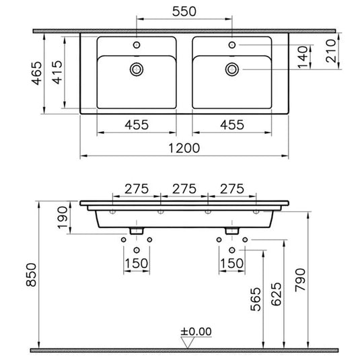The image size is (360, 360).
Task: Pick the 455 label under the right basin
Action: tap(232, 124)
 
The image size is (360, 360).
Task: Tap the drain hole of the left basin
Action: tap(137, 68)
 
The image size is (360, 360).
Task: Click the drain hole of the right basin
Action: tap(233, 68)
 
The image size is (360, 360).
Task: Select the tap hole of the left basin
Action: tap(137, 44)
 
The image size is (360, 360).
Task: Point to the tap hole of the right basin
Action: tap(233, 44)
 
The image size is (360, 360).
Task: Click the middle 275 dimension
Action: tap(184, 189)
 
